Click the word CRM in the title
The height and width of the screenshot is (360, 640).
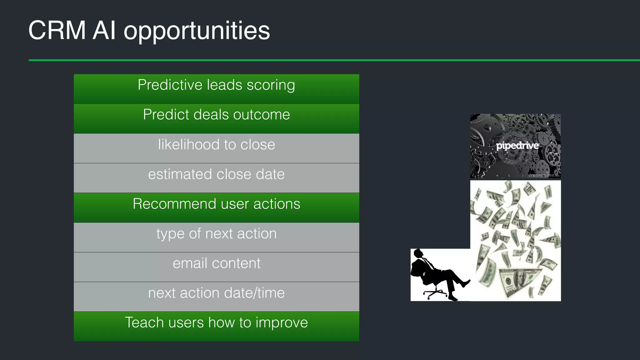57,30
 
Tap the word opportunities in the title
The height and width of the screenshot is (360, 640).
197,32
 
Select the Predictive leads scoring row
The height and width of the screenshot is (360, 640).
216,88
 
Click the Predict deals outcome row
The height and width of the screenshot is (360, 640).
216,118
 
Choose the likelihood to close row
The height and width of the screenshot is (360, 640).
216,148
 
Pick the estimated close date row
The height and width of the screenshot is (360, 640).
216,177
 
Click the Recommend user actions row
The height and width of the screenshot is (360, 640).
216,207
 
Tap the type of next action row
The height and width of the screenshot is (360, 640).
216,237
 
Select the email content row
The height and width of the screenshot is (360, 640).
216,267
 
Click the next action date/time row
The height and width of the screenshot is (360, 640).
216,296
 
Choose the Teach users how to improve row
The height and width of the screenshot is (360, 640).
216,326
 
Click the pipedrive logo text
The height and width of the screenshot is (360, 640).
517,146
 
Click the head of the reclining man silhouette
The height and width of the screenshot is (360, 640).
419,253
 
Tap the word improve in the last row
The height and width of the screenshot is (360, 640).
282,323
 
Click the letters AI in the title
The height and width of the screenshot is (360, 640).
104,30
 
